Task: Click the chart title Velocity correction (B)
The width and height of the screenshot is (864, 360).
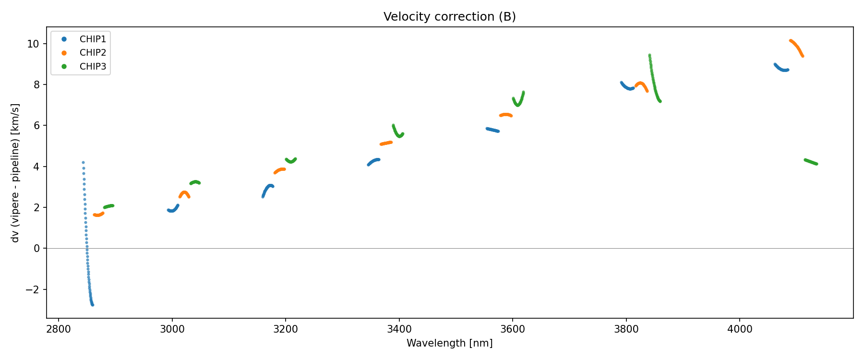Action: point(449,17)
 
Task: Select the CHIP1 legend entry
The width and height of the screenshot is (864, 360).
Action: point(93,39)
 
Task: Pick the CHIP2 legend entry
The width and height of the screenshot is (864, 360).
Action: point(93,53)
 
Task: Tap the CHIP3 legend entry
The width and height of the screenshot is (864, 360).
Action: point(93,67)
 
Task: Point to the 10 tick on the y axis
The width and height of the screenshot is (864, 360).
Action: point(33,44)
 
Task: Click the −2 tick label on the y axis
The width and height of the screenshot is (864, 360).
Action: point(33,289)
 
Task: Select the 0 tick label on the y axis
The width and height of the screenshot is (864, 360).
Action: point(36,249)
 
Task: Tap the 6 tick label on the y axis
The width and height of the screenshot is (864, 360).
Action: point(36,126)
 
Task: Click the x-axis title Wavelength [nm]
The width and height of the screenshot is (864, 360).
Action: point(449,343)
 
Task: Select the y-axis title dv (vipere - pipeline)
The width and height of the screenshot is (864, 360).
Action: point(15,173)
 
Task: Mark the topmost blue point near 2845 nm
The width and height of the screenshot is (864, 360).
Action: point(83,163)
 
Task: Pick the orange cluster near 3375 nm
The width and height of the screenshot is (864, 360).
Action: point(386,143)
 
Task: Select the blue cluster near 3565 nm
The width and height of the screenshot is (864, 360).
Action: point(492,130)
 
